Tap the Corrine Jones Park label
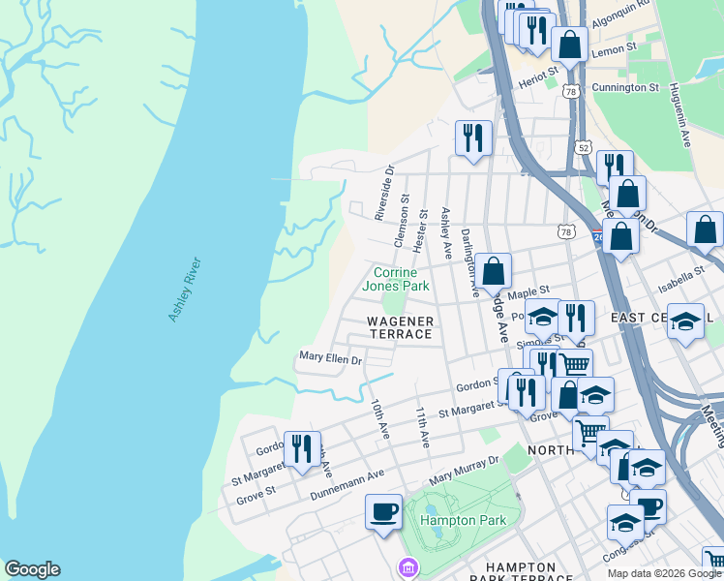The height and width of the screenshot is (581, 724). (395, 279)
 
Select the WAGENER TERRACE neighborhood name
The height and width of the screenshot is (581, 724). (400, 326)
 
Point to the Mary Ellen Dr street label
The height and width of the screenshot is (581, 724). (330, 359)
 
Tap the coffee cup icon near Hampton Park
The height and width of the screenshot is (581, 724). (383, 511)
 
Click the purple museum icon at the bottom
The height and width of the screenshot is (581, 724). (408, 566)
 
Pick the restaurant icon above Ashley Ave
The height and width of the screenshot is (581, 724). (473, 138)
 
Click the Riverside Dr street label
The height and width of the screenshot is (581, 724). (384, 191)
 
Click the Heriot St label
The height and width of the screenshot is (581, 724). (539, 71)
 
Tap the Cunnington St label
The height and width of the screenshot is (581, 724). (625, 87)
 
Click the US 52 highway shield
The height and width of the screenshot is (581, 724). (582, 147)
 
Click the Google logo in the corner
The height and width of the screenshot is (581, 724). (32, 569)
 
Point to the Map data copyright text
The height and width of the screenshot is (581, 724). (664, 573)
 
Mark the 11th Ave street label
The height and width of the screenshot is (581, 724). (423, 426)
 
